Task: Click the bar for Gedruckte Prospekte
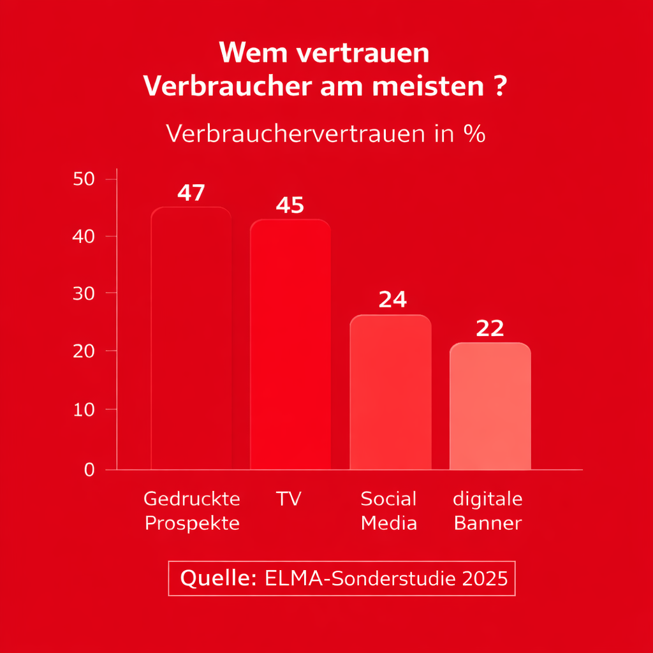click(191, 338)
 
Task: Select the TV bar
click(290, 344)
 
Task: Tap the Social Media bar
click(390, 392)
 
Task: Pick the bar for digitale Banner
click(490, 406)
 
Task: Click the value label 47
click(191, 193)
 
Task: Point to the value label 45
click(290, 205)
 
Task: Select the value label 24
click(392, 300)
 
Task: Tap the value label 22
click(490, 328)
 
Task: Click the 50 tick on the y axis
click(84, 179)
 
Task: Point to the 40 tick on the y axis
click(84, 237)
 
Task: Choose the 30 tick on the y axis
click(84, 293)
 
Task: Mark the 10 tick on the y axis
click(84, 409)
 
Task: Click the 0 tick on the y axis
click(89, 470)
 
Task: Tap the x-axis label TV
click(288, 499)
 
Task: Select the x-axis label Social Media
click(389, 511)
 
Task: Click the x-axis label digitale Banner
click(488, 511)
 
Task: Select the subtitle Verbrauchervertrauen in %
click(326, 134)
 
